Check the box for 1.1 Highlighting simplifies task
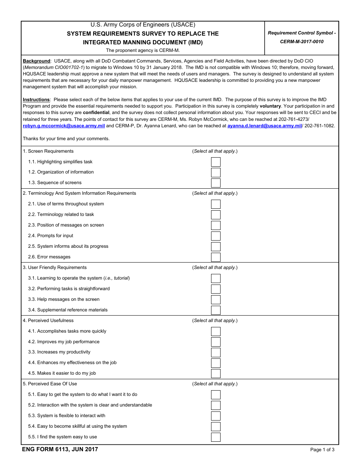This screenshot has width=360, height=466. (216, 162)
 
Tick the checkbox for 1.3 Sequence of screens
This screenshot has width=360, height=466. (216, 183)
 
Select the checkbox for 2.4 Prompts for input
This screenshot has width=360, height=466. (216, 236)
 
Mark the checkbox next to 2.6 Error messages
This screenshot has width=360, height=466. (216, 257)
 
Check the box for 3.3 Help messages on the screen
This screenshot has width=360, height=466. (216, 300)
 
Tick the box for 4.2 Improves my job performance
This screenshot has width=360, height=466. (216, 342)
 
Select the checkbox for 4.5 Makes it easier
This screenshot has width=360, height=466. (216, 374)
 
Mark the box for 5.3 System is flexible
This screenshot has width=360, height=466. (216, 416)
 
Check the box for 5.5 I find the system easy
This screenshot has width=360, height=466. (216, 437)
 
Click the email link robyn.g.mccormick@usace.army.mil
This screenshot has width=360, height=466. (64, 126)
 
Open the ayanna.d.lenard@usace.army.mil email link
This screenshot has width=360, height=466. (265, 126)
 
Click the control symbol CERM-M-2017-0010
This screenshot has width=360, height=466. (302, 42)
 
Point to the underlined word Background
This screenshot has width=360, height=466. (36, 61)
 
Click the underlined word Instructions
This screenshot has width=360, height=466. (36, 100)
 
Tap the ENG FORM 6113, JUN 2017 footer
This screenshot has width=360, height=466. (60, 450)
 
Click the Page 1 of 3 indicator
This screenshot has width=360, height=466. (322, 450)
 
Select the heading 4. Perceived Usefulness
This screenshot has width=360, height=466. (48, 321)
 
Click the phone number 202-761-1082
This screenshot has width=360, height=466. (319, 126)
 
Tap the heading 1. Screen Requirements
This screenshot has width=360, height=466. (48, 151)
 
